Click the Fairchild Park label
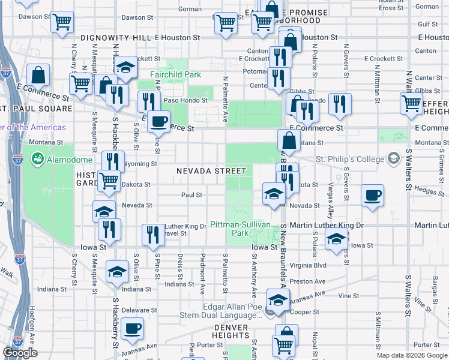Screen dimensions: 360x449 coord(175,75)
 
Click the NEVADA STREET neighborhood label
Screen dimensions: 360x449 coord(211,171)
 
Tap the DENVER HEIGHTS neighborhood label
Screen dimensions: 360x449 coord(231,335)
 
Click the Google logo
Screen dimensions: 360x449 coord(20,353)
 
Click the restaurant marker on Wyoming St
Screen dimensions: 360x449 coord(112,161)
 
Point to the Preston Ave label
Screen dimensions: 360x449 coord(311,281)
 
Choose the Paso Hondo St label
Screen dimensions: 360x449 coord(185,100)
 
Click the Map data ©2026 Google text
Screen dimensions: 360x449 coord(411,355)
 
